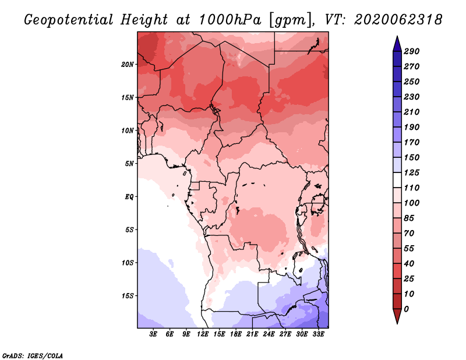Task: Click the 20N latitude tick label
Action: (x=128, y=65)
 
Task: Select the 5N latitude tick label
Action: (x=129, y=164)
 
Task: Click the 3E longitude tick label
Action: (x=153, y=334)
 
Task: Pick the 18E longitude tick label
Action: (x=236, y=334)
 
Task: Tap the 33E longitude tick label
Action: (x=318, y=334)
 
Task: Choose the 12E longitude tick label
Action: (x=203, y=334)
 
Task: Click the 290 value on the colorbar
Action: (x=412, y=51)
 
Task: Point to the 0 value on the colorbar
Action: (x=407, y=309)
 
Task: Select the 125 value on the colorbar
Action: (x=412, y=172)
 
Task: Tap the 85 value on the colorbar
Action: (x=409, y=218)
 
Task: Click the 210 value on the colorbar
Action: (x=412, y=112)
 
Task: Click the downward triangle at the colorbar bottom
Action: (x=397, y=316)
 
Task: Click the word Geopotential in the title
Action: (x=69, y=20)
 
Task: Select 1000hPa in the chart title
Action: (x=230, y=20)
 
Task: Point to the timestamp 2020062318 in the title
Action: (x=398, y=20)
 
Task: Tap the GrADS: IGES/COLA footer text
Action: (x=33, y=356)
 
